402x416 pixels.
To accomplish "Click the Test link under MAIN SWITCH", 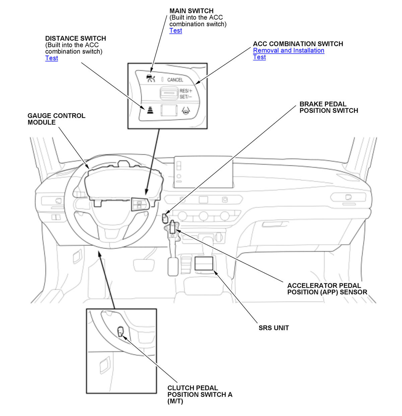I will click(x=176, y=30).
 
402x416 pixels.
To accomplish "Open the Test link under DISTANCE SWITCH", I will click(x=52, y=58).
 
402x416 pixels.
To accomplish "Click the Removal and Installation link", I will click(x=288, y=50).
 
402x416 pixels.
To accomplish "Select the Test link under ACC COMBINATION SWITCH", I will click(x=259, y=57).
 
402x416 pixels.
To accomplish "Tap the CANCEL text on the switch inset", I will click(x=175, y=80).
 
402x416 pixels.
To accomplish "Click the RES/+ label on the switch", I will click(x=186, y=91).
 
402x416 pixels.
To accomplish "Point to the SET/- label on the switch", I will click(x=185, y=96).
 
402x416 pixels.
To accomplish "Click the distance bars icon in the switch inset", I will click(x=149, y=110).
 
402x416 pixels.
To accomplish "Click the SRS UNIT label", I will click(x=273, y=328).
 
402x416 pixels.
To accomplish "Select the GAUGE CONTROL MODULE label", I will click(x=56, y=119).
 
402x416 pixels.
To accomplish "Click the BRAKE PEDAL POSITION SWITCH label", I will click(x=328, y=107).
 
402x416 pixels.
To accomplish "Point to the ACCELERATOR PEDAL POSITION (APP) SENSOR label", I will click(x=327, y=289).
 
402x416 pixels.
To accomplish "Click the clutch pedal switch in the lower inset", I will click(x=120, y=332).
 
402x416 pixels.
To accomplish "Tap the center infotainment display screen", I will click(x=203, y=172).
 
